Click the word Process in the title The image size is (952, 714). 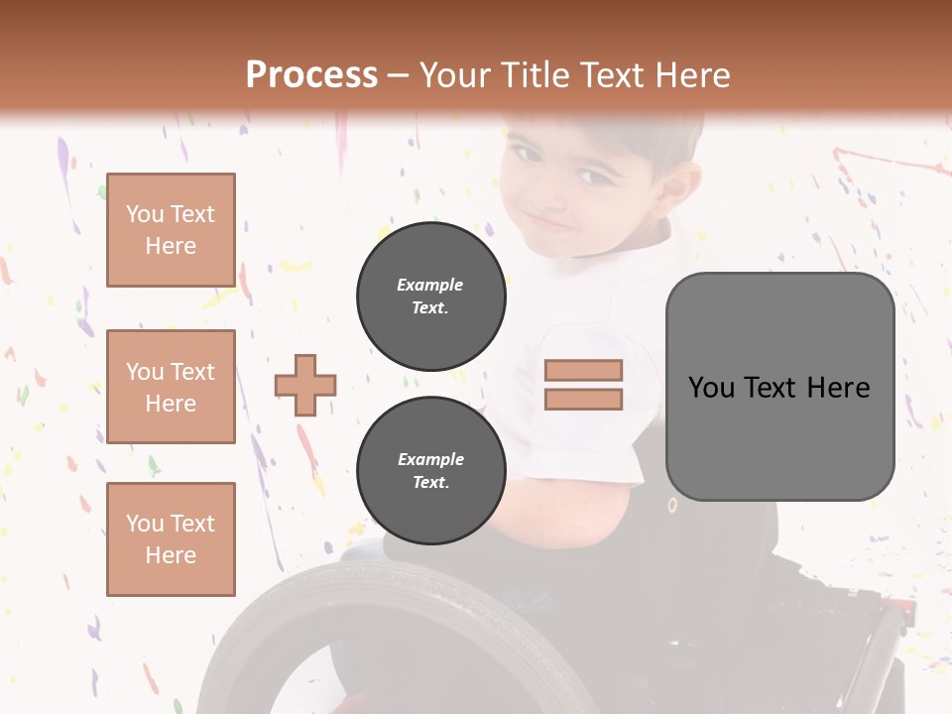pos(311,75)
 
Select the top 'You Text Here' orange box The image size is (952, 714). pos(171,230)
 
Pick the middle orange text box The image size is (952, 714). pos(171,387)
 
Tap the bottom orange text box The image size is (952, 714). pos(171,538)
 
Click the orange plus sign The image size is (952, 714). pos(305,385)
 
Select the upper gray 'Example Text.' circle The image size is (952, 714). pos(430,297)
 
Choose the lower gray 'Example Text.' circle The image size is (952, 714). pos(430,471)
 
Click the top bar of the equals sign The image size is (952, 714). pos(583,370)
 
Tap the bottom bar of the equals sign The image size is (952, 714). pos(583,399)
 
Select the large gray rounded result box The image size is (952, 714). pos(779,387)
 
